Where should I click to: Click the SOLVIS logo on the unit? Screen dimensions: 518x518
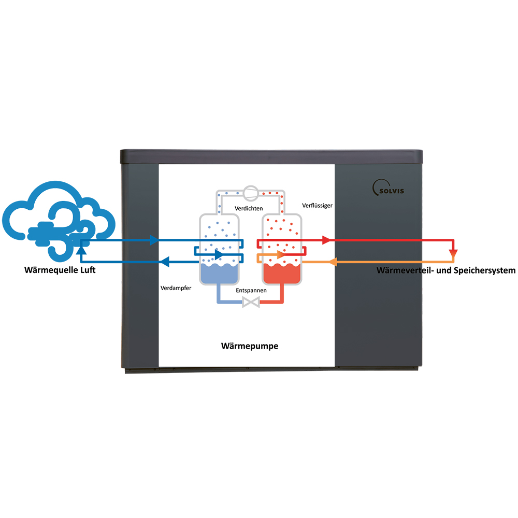point(388,188)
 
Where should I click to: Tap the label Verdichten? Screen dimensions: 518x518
point(249,208)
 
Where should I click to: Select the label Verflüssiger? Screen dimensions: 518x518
point(317,206)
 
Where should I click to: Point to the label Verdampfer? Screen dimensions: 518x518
point(176,288)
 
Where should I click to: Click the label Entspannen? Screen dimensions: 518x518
point(251,291)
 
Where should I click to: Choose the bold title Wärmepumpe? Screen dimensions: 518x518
point(250,346)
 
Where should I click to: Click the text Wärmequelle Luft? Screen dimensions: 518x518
point(60,270)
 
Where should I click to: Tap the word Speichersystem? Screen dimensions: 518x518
point(485,270)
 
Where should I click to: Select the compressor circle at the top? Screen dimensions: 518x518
point(251,193)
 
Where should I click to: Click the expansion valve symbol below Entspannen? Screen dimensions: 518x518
point(251,302)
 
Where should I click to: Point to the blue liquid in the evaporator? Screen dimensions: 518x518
point(219,274)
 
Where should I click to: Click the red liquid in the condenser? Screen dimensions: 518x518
point(282,274)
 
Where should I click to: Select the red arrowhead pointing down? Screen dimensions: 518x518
point(454,254)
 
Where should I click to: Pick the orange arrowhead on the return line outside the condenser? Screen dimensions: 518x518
point(333,262)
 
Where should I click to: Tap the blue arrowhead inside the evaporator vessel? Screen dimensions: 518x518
point(219,255)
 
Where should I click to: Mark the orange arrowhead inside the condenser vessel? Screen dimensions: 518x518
point(281,255)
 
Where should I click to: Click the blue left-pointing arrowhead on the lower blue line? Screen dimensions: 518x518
point(165,262)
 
